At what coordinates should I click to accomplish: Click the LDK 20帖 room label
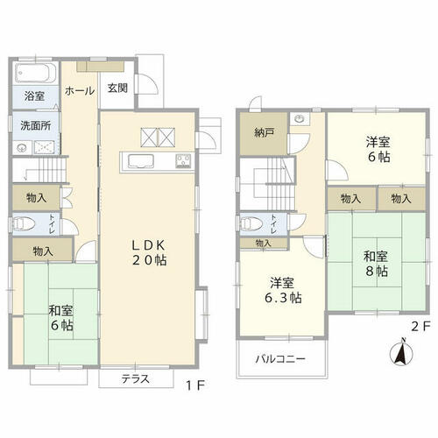pos(149,252)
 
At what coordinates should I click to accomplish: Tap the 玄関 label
pos(117,88)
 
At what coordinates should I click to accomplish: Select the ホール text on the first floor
pos(80,91)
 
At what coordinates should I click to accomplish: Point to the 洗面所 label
pos(36,125)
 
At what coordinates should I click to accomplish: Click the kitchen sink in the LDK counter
pos(141,161)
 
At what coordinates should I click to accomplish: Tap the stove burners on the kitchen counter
pos(183,161)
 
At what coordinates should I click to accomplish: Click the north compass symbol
pos(402,352)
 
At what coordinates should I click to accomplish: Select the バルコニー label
pos(280,358)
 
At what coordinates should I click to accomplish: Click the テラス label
pos(136,378)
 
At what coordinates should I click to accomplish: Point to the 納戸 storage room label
pos(264,133)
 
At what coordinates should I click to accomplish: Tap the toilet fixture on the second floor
pos(251,224)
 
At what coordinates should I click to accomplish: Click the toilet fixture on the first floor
pos(24,224)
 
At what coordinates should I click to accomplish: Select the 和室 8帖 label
pos(376,264)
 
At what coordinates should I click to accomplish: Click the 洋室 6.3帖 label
pos(283,291)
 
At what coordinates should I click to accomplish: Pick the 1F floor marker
pos(195,386)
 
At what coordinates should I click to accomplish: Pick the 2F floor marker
pos(420,327)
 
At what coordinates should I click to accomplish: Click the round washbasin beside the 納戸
pos(299,119)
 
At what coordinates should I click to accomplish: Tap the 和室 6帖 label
pos(60,318)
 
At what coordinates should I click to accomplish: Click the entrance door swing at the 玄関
pos(147,84)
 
